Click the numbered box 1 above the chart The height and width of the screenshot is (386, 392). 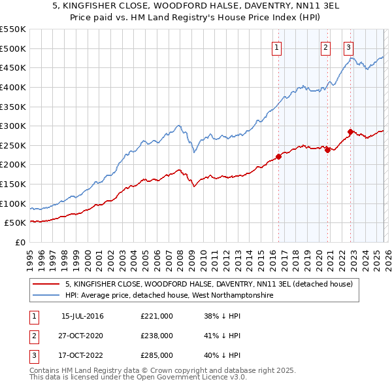point(277,47)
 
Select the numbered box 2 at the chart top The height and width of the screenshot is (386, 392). point(325,47)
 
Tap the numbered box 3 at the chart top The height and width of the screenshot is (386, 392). point(349,47)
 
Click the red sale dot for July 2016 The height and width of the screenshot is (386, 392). point(278,156)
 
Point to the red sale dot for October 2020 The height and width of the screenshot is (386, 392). point(328,150)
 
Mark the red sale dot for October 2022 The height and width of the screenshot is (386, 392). point(351,132)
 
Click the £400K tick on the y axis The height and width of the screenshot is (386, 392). point(13,87)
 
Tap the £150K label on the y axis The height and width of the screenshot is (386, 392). point(13,184)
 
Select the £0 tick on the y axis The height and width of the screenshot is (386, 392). point(20,242)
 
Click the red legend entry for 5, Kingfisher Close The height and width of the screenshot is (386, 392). point(209,285)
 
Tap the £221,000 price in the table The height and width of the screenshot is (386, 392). point(157,316)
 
